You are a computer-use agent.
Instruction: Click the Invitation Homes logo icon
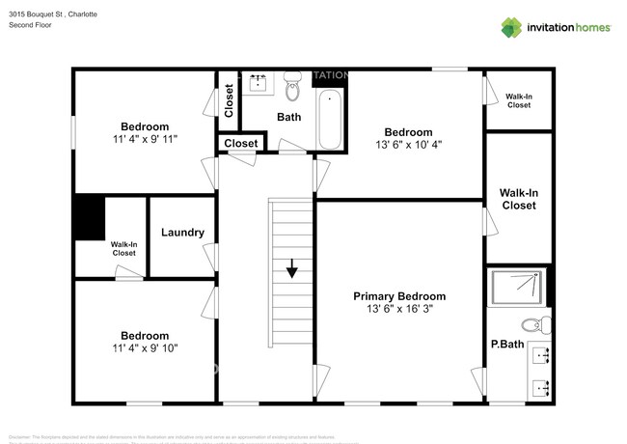point(511,27)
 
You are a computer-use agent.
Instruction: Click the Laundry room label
point(182,232)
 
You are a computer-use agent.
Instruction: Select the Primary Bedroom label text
point(399,296)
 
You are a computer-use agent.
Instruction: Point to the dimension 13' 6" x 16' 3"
point(399,311)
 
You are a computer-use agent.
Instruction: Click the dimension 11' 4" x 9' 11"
point(145,140)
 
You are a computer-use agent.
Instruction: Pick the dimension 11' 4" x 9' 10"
point(145,348)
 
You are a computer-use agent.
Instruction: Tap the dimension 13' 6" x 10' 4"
point(409,146)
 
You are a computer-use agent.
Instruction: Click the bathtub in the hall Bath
point(330,120)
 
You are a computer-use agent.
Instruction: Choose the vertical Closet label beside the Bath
point(229,100)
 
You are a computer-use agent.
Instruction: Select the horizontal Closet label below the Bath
point(240,144)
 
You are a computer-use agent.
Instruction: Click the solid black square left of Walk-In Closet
point(90,217)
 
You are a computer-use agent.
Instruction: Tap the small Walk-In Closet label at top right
point(518,99)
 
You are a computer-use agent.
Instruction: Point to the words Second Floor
point(31,26)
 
